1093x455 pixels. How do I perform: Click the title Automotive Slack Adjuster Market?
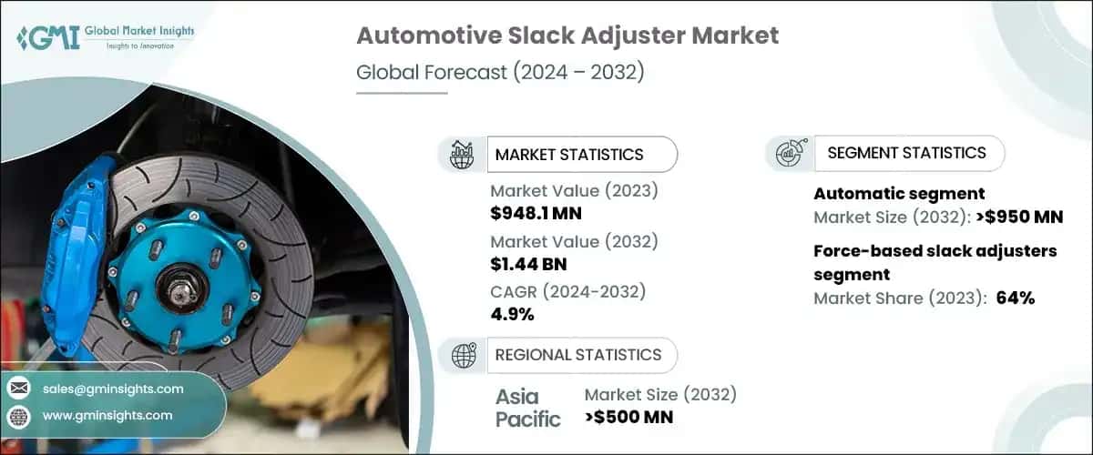(567, 36)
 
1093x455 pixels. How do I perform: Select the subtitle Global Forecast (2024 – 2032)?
(500, 72)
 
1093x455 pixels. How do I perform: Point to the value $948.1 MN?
(536, 214)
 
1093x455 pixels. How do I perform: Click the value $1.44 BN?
(529, 265)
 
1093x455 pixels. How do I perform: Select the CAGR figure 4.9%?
(512, 315)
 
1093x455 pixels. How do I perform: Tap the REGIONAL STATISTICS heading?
(577, 355)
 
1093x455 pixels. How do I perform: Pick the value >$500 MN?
(628, 418)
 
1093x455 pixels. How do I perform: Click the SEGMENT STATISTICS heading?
(906, 153)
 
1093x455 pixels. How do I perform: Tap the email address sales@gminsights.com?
(113, 389)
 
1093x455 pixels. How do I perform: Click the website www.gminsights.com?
(107, 415)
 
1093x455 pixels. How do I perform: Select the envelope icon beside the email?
(18, 389)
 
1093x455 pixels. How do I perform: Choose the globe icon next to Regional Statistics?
(464, 356)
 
